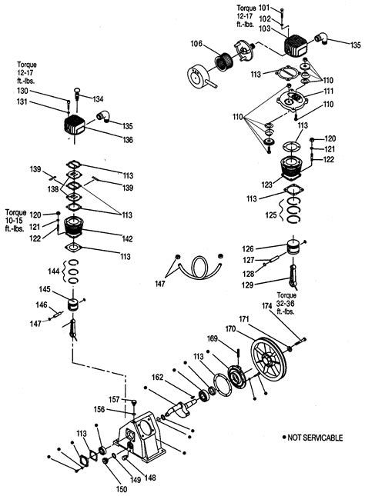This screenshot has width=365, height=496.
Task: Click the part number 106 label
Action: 196,43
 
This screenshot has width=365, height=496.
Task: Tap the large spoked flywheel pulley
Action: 269,360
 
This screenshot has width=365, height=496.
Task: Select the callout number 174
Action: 267,306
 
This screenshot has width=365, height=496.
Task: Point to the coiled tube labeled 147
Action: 199,267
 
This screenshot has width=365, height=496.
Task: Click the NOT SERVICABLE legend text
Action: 315,438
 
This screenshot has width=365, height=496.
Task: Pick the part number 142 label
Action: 127,239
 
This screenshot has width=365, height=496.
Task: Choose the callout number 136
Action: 128,140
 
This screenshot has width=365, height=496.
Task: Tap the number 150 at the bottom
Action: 122,489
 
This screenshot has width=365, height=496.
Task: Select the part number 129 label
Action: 247,285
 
